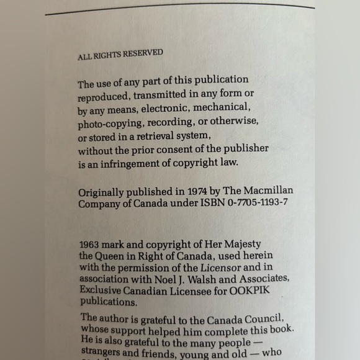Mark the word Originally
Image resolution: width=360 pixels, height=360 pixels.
[x=105, y=190]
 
